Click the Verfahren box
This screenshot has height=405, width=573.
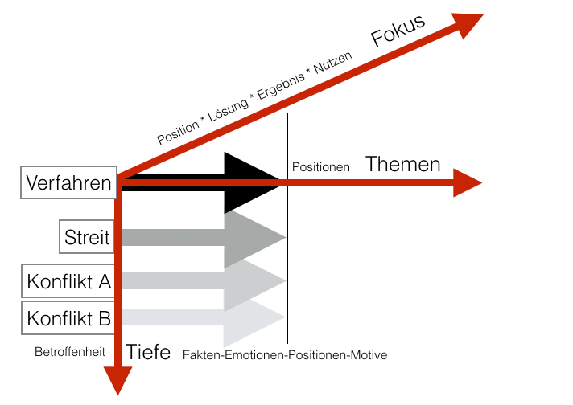pyautogui.click(x=68, y=183)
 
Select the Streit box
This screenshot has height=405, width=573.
pyautogui.click(x=87, y=237)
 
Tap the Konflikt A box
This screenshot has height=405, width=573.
pyautogui.click(x=68, y=281)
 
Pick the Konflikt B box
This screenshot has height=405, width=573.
pyautogui.click(x=68, y=318)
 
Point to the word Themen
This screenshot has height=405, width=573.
pyautogui.click(x=403, y=165)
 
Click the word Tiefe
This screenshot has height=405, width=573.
pyautogui.click(x=149, y=352)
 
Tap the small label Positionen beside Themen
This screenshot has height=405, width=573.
pyautogui.click(x=320, y=167)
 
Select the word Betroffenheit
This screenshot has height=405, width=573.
pyautogui.click(x=69, y=351)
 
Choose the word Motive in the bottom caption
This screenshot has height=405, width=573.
pyautogui.click(x=368, y=354)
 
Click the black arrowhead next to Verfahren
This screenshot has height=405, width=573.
pyautogui.click(x=254, y=182)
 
